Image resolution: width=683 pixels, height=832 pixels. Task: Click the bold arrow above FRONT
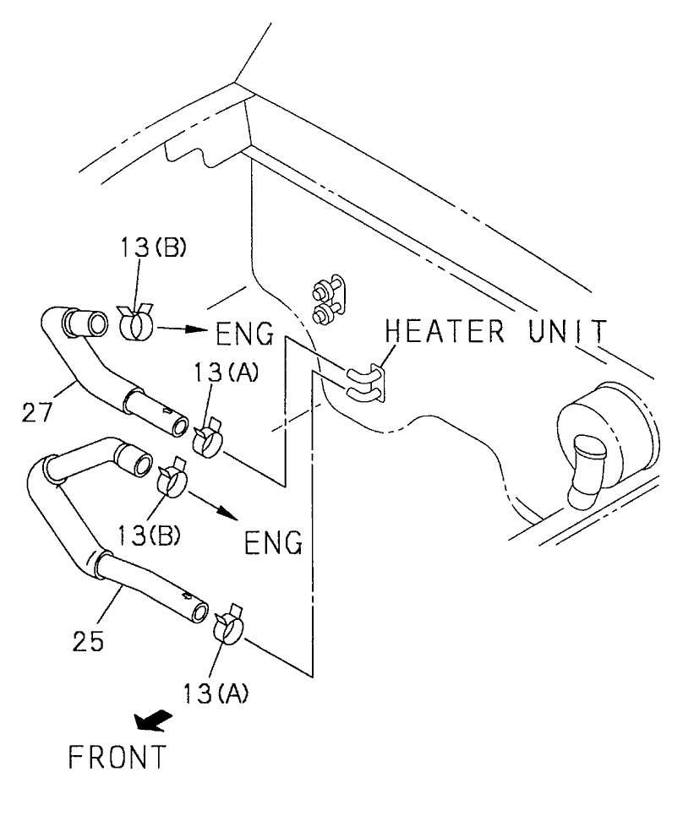(x=153, y=721)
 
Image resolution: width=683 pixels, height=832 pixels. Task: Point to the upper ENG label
(x=245, y=335)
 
